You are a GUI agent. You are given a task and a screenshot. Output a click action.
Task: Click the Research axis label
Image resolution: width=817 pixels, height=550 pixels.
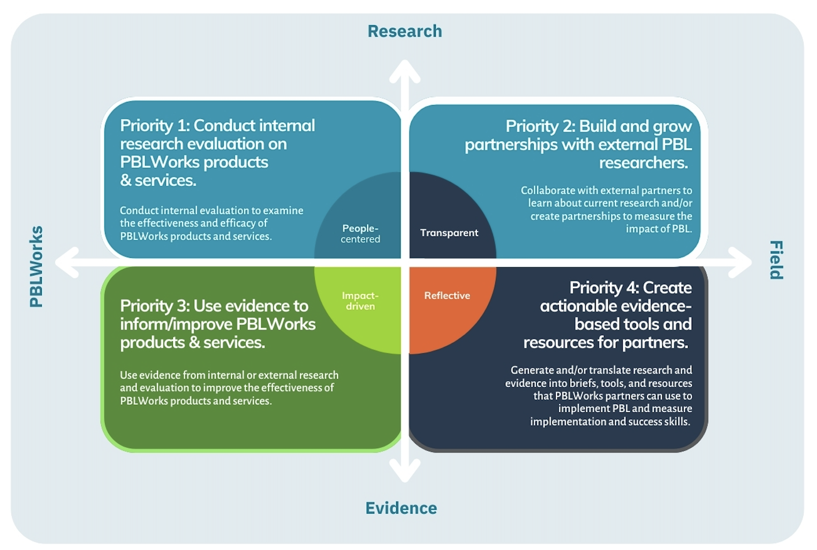(x=405, y=32)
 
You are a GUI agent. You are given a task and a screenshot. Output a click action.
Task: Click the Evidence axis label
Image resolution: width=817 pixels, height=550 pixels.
(x=401, y=508)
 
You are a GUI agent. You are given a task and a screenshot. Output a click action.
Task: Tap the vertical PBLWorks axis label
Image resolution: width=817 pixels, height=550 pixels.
(x=36, y=266)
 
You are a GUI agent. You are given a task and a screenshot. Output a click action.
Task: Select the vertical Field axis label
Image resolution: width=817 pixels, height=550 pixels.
(x=776, y=260)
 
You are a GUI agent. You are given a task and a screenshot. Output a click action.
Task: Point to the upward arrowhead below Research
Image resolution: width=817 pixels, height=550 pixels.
(x=405, y=70)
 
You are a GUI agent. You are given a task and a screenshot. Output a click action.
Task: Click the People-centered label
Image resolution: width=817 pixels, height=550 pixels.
(x=360, y=234)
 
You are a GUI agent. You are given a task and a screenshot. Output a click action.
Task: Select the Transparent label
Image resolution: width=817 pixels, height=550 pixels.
(x=449, y=233)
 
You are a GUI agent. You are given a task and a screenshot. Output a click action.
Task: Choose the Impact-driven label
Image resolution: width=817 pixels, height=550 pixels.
(x=360, y=301)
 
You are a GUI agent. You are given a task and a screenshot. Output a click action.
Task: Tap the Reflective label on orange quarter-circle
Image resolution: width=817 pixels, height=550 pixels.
(x=447, y=295)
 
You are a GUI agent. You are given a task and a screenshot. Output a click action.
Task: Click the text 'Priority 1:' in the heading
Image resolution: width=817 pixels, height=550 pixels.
(x=154, y=125)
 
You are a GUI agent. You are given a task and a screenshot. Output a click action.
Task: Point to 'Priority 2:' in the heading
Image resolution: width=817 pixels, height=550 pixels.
(x=540, y=127)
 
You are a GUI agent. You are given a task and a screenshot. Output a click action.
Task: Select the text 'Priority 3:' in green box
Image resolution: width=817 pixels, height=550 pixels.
(x=154, y=306)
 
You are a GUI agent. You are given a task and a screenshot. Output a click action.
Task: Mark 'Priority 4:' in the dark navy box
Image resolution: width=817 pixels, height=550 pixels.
(x=603, y=288)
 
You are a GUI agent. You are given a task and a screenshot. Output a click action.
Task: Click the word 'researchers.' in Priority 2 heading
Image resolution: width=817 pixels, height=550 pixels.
(x=643, y=163)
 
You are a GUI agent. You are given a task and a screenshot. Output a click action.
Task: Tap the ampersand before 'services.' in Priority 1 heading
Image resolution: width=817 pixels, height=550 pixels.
(x=126, y=181)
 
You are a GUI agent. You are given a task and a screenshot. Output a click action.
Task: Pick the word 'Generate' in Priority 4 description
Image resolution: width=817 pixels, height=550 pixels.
(x=532, y=370)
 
